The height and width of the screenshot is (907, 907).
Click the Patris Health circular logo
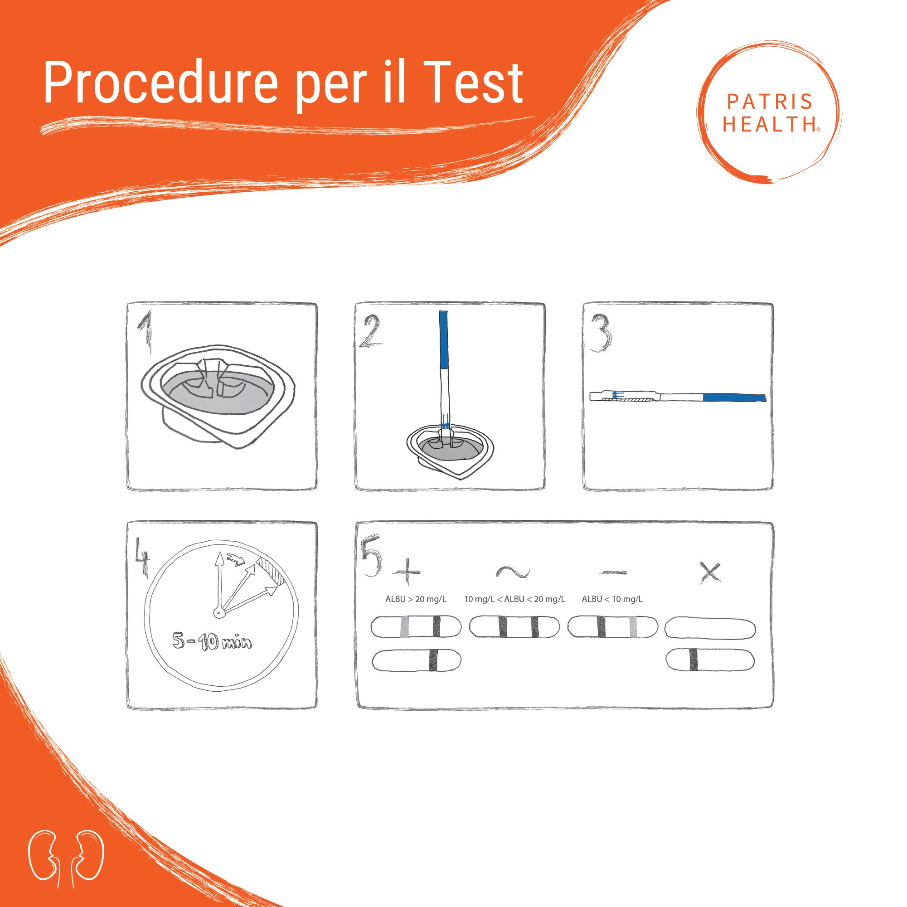[770, 113]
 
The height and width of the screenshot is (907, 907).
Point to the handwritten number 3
[601, 334]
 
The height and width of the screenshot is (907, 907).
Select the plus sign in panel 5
[407, 572]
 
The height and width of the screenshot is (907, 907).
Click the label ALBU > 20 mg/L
[416, 599]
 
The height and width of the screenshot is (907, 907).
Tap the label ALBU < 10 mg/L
[612, 599]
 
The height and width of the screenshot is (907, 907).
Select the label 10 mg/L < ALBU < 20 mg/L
[514, 599]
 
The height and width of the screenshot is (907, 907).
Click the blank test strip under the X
[710, 628]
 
